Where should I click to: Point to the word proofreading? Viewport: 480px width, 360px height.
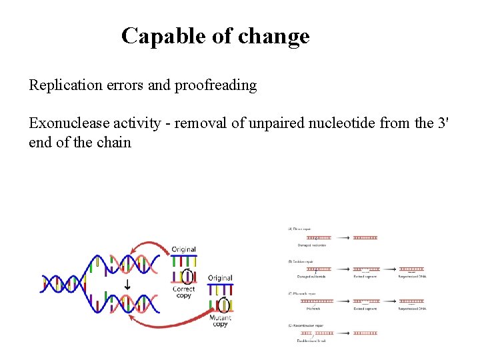click(x=215, y=85)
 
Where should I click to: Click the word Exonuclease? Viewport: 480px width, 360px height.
click(x=64, y=123)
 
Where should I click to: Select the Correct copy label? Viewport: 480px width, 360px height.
click(x=183, y=292)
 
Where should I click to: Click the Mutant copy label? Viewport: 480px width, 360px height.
click(x=221, y=320)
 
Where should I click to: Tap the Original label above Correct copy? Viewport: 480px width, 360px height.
click(x=183, y=249)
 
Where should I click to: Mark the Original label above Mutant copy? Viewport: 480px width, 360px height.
click(x=220, y=277)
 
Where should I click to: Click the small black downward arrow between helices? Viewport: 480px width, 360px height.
click(x=127, y=285)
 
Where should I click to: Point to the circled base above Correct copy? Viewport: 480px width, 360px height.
click(x=187, y=275)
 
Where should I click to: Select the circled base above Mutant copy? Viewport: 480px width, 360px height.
click(x=223, y=304)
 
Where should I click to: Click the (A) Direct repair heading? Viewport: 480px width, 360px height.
click(x=299, y=229)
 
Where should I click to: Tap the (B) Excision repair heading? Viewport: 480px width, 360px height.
click(x=301, y=261)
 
